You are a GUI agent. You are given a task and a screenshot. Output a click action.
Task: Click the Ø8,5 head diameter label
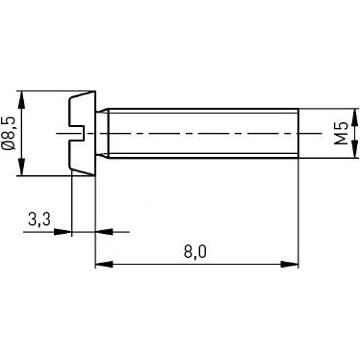point(11,133)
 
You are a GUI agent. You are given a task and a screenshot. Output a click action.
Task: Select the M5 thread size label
point(340,132)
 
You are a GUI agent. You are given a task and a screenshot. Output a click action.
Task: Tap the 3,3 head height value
point(39,220)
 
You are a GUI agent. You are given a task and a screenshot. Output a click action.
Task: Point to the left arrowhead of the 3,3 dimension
point(64,232)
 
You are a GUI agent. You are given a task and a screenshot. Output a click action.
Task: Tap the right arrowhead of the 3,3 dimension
point(102,232)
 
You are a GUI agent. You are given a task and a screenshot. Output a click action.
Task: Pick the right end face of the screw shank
point(298,132)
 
